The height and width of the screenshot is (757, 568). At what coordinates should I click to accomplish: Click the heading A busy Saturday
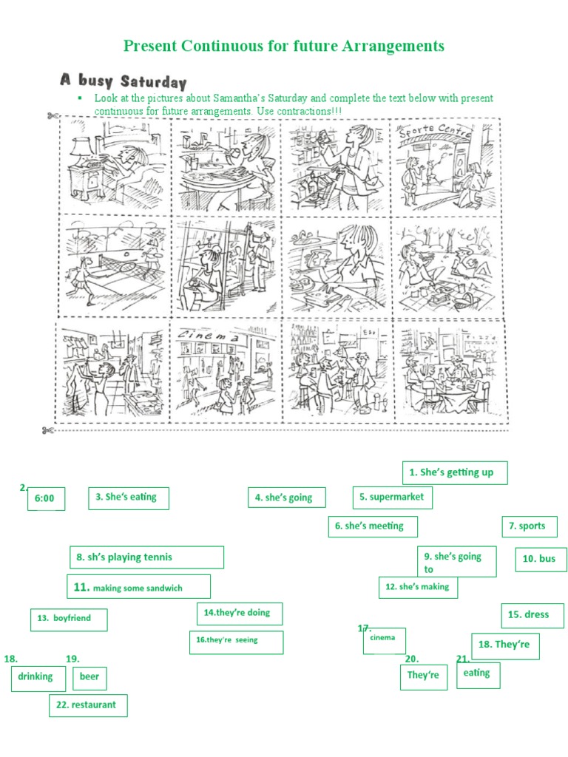[x=123, y=81]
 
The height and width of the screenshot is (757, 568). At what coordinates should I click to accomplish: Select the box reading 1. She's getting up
[x=455, y=472]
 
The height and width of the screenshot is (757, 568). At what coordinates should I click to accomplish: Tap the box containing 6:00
[x=45, y=499]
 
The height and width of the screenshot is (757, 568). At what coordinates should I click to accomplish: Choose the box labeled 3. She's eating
[x=128, y=498]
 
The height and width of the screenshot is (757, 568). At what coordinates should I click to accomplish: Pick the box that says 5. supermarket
[x=392, y=498]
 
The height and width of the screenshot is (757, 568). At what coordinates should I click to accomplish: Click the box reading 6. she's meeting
[x=373, y=526]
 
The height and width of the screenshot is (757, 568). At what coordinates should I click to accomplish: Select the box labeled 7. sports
[x=530, y=526]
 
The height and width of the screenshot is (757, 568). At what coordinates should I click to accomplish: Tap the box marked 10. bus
[x=541, y=559]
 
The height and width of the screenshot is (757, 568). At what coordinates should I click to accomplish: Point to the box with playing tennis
[x=146, y=557]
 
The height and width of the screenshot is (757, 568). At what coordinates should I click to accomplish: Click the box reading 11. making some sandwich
[x=138, y=587]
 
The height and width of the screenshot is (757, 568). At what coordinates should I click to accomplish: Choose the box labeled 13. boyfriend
[x=69, y=619]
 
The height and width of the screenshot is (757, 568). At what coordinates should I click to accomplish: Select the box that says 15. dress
[x=532, y=614]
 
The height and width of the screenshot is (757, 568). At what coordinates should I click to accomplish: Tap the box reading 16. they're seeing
[x=236, y=642]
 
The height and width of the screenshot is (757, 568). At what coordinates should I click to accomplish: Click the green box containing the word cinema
[x=384, y=640]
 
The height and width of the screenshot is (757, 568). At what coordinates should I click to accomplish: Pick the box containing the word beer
[x=89, y=677]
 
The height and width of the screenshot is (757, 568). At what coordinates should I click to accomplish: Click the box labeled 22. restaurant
[x=88, y=705]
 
